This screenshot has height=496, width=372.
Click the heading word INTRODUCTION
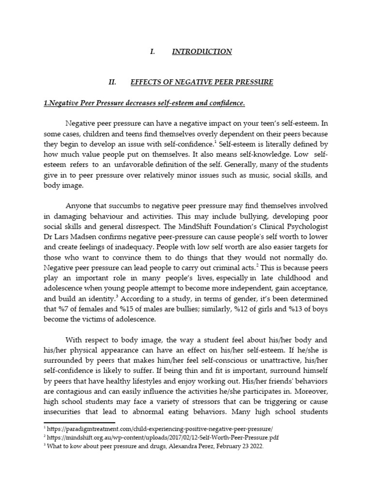(202, 51)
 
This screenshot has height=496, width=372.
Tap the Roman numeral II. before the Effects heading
(113, 82)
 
